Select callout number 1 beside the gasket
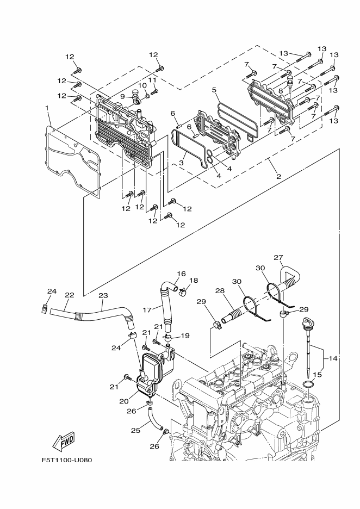[48, 108]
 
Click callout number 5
[214, 90]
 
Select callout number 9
[123, 96]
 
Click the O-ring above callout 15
[307, 386]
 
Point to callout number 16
[181, 274]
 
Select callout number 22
[69, 295]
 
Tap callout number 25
[135, 431]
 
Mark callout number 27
[278, 258]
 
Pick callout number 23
[103, 295]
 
